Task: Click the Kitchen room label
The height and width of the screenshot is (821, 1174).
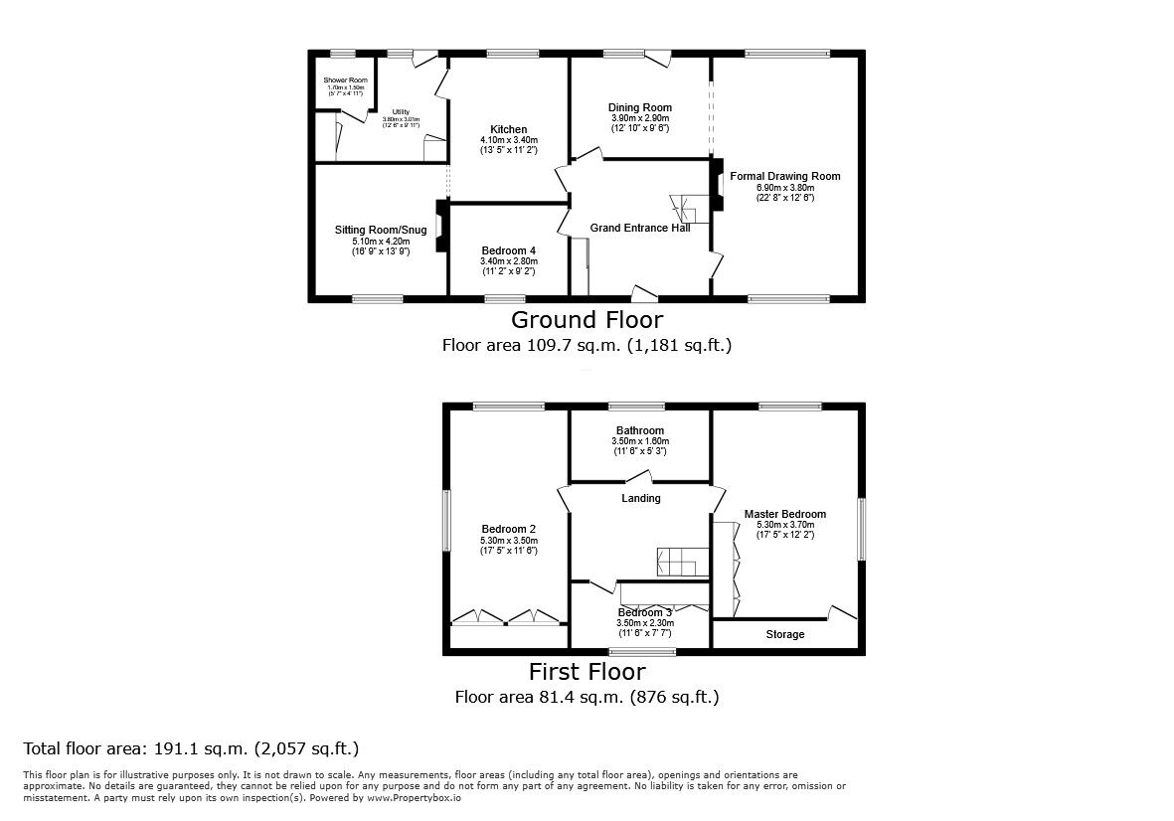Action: pyautogui.click(x=508, y=129)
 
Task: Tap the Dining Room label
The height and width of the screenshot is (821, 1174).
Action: pyautogui.click(x=640, y=107)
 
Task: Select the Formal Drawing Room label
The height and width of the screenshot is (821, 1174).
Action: pyautogui.click(x=784, y=176)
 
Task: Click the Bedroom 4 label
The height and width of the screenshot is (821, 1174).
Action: pyautogui.click(x=508, y=250)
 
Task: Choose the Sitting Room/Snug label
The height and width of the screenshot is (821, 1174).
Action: pyautogui.click(x=380, y=230)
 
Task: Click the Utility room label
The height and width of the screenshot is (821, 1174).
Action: pyautogui.click(x=401, y=111)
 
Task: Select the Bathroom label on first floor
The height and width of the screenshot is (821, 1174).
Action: pyautogui.click(x=640, y=430)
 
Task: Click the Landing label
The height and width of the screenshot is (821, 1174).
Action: pyautogui.click(x=640, y=498)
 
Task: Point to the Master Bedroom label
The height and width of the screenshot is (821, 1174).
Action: pyautogui.click(x=784, y=514)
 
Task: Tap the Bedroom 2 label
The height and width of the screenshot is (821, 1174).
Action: pyautogui.click(x=508, y=528)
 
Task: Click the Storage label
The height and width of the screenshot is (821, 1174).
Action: pyautogui.click(x=784, y=634)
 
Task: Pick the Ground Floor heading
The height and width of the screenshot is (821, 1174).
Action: pyautogui.click(x=587, y=319)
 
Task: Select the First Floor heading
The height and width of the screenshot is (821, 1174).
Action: pyautogui.click(x=587, y=671)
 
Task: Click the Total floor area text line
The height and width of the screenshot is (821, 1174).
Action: pyautogui.click(x=191, y=748)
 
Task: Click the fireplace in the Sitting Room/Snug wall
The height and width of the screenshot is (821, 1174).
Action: pyautogui.click(x=439, y=230)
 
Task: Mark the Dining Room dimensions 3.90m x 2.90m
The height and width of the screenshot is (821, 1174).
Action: pyautogui.click(x=640, y=118)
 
